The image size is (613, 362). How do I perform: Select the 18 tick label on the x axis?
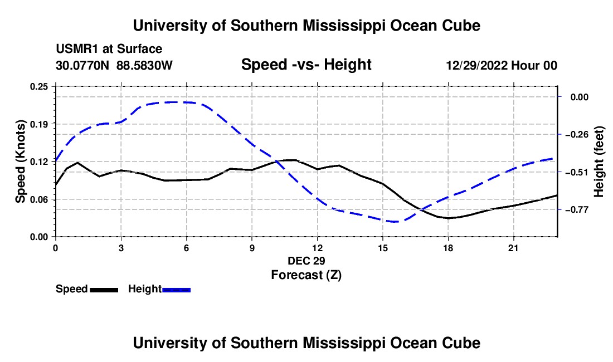click(448, 248)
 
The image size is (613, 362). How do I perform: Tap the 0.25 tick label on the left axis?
click(39, 86)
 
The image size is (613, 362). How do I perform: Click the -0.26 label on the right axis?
click(576, 135)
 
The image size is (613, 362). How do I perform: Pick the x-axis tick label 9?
click(252, 248)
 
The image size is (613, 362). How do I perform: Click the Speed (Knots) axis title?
click(20, 162)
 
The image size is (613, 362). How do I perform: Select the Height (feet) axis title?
click(599, 162)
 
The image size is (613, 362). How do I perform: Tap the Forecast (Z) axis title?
click(306, 275)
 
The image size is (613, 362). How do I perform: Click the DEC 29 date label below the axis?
click(306, 261)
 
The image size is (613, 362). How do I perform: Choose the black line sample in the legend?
click(104, 290)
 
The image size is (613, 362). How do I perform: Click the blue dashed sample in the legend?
click(176, 290)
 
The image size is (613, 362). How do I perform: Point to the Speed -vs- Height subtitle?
click(306, 65)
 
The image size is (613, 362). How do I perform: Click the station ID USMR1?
click(78, 49)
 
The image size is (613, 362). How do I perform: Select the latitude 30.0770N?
click(82, 65)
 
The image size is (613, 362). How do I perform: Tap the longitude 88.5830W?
click(144, 65)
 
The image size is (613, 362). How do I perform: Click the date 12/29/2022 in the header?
click(476, 65)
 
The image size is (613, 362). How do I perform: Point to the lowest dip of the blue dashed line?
click(395, 222)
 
